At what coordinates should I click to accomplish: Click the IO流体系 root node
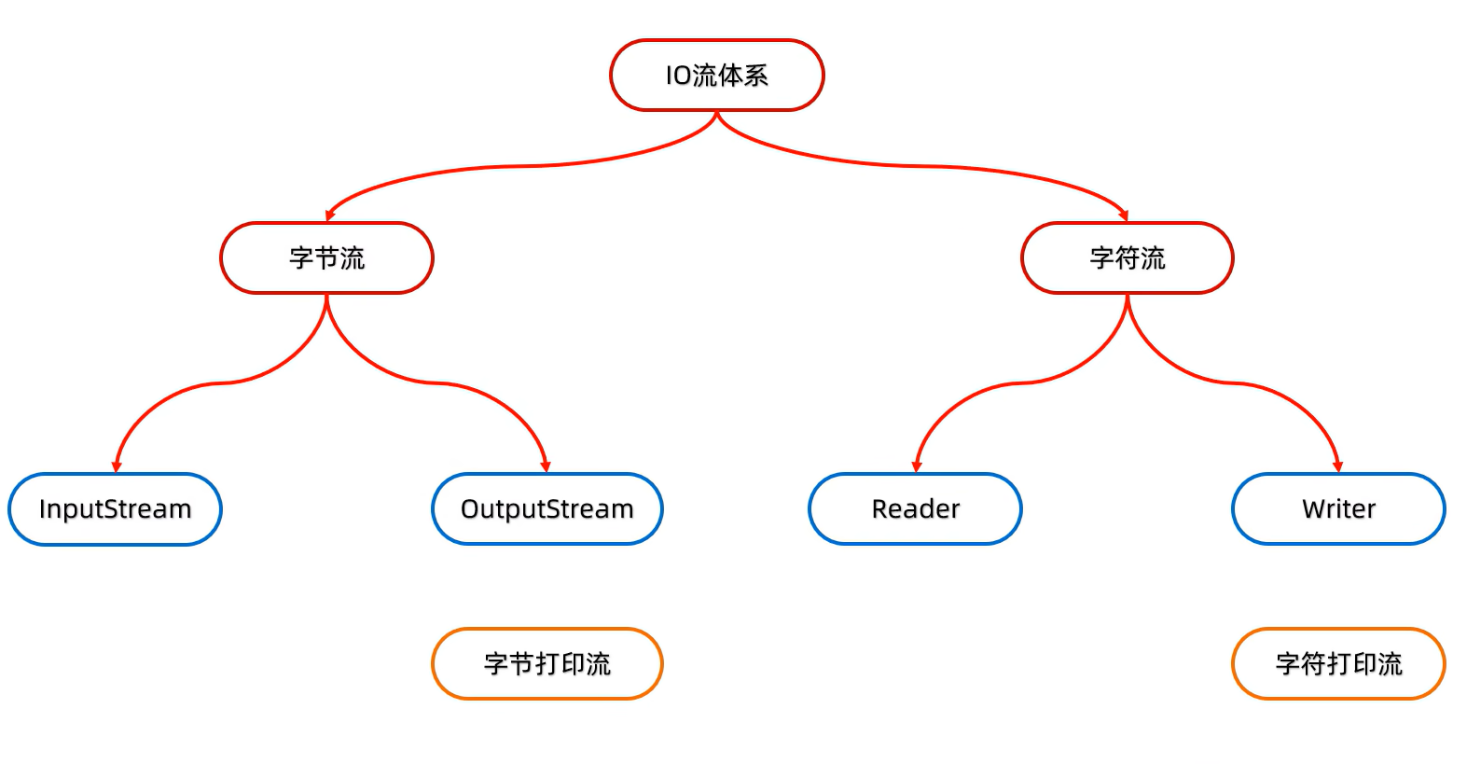pyautogui.click(x=716, y=76)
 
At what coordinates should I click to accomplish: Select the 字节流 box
pyautogui.click(x=326, y=257)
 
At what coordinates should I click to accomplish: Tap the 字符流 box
pyautogui.click(x=1127, y=257)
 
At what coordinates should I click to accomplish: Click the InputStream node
pyautogui.click(x=115, y=509)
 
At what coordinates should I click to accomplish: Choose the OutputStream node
pyautogui.click(x=547, y=509)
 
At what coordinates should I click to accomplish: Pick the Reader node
pyautogui.click(x=915, y=509)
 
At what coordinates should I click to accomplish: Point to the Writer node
pyautogui.click(x=1338, y=509)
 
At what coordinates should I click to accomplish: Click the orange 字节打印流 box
pyautogui.click(x=547, y=664)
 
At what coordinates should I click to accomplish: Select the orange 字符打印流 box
pyautogui.click(x=1338, y=664)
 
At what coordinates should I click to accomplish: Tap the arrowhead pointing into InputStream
pyautogui.click(x=116, y=466)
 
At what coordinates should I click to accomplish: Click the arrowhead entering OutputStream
pyautogui.click(x=546, y=466)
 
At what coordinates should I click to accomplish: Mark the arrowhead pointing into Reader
pyautogui.click(x=916, y=466)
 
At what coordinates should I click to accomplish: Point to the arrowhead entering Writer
pyautogui.click(x=1337, y=466)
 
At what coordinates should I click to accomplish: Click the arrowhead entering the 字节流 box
pyautogui.click(x=329, y=215)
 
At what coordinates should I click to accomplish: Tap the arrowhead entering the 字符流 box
pyautogui.click(x=1124, y=215)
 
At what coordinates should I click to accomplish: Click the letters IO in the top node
pyautogui.click(x=677, y=76)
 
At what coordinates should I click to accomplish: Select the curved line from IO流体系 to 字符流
pyautogui.click(x=923, y=166)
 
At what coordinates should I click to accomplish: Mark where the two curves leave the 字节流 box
pyautogui.click(x=326, y=297)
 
